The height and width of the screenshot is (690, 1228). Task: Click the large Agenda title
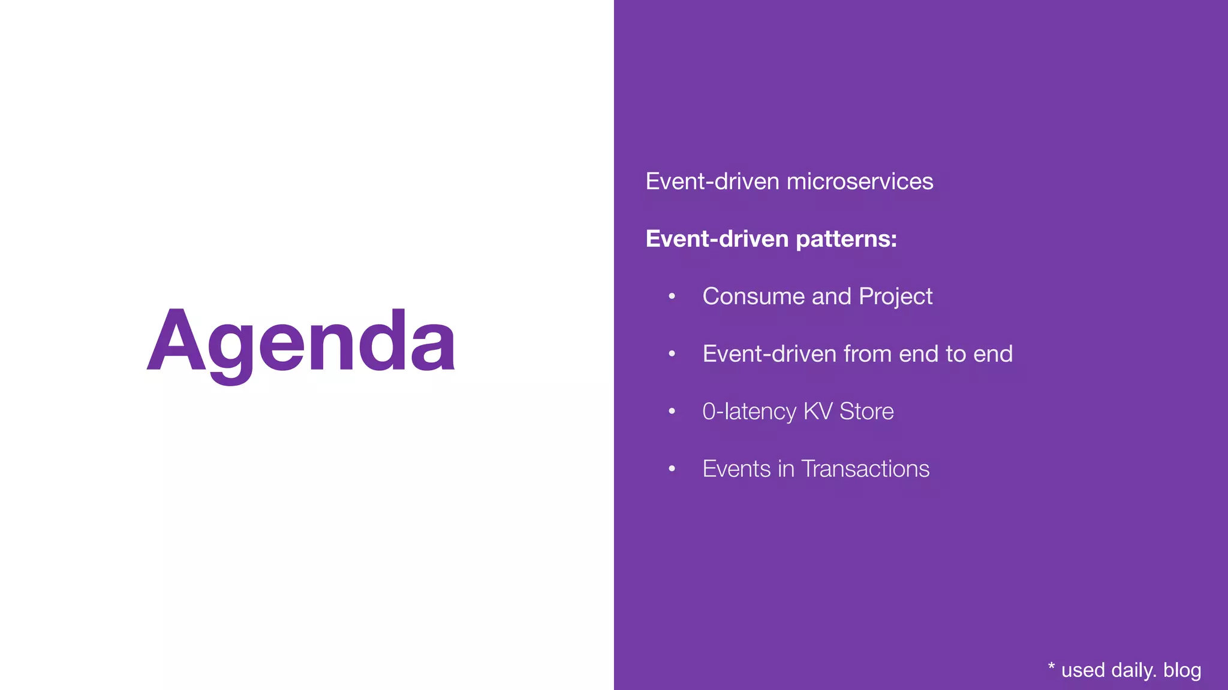coord(301,341)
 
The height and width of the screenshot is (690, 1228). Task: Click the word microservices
coord(860,181)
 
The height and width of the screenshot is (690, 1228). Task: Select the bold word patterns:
coord(846,240)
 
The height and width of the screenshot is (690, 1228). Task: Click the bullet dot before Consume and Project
coord(672,296)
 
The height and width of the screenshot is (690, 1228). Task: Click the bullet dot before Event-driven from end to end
coord(672,354)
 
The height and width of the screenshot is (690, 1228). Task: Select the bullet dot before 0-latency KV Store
coord(672,411)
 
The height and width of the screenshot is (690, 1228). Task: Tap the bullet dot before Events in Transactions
coord(672,469)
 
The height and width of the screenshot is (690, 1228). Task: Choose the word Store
coord(866,411)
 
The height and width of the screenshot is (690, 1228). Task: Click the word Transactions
coord(865,469)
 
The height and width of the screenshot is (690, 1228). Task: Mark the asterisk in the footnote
coord(1051,667)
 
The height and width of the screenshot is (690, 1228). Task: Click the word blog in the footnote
coord(1182,670)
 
